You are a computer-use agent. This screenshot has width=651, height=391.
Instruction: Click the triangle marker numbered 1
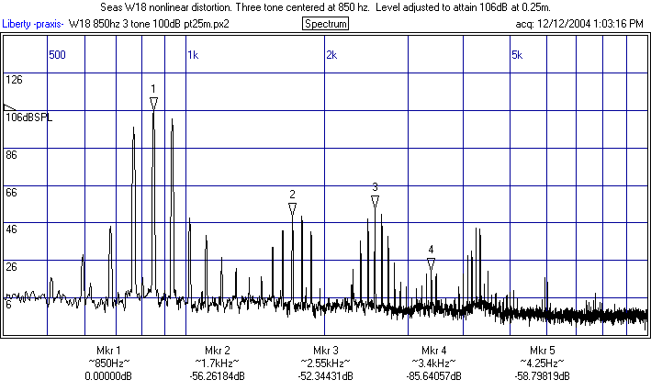click(x=153, y=103)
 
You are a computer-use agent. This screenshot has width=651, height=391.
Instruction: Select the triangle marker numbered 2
click(x=292, y=209)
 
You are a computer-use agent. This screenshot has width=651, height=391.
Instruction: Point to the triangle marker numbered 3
click(x=375, y=202)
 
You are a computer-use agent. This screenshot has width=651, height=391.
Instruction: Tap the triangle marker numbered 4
click(x=431, y=264)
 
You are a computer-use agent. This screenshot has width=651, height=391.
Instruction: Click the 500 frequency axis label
click(x=57, y=55)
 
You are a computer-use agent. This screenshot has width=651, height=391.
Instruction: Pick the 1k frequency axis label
click(x=193, y=55)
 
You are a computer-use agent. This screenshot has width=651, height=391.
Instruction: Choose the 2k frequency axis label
click(x=331, y=55)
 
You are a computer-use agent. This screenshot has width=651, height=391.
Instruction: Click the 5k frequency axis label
click(x=517, y=55)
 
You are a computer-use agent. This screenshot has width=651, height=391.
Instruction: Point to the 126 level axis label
click(x=14, y=80)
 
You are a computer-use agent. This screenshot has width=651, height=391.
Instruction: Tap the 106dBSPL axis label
click(x=29, y=117)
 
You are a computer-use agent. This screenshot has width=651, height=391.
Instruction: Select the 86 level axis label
click(x=12, y=155)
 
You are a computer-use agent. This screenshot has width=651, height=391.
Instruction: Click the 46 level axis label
click(x=12, y=229)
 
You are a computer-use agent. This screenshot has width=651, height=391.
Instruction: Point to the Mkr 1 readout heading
click(x=108, y=351)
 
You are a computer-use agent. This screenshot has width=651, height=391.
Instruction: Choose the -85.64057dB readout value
click(x=433, y=375)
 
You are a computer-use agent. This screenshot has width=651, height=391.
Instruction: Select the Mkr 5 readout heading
click(x=543, y=351)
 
